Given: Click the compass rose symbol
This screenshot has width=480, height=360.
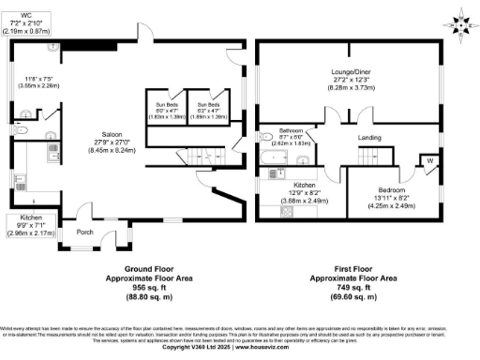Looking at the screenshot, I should [459, 19].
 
